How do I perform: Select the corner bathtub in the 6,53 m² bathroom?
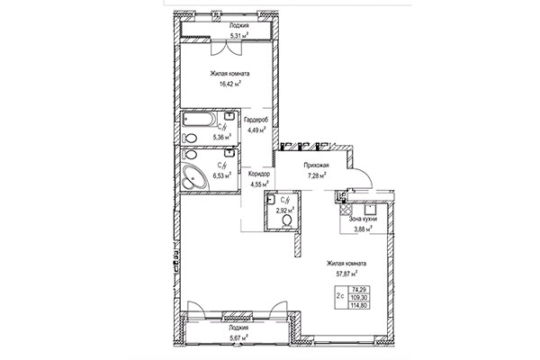[193, 174]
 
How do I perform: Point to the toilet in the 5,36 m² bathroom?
[189, 138]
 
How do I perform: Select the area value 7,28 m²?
[314, 177]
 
